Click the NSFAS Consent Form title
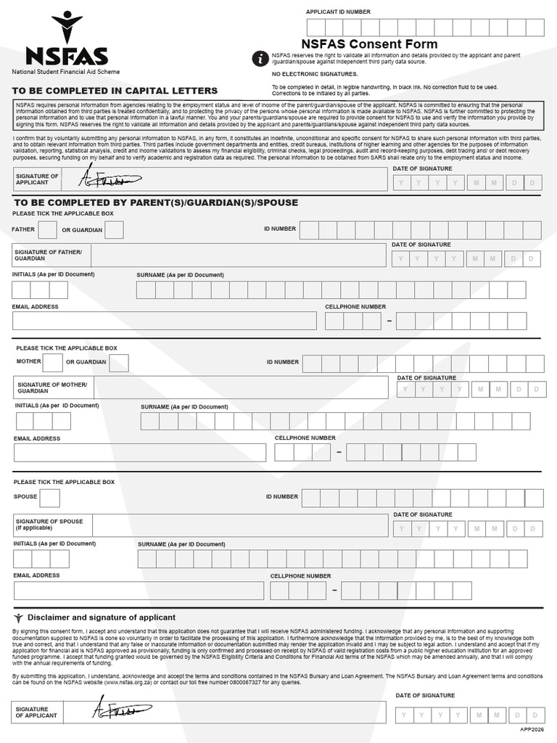click(x=359, y=44)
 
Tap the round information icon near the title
click(x=260, y=59)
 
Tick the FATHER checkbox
click(x=47, y=229)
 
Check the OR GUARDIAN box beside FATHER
click(x=114, y=229)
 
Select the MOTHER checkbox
click(x=52, y=362)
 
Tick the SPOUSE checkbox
click(x=50, y=497)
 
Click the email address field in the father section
click(x=165, y=320)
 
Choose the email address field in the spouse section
click(x=138, y=590)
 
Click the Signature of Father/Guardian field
click(x=238, y=255)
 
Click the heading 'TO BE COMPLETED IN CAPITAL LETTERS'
click(x=115, y=91)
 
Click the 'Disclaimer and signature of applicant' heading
click(x=101, y=617)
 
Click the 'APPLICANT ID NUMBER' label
click(x=338, y=12)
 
